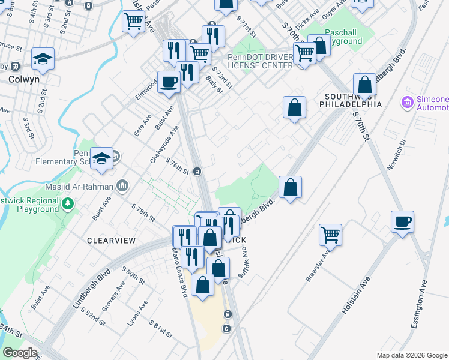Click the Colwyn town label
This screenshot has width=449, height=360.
pos(24,78)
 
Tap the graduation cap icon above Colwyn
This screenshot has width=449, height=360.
pos(43,59)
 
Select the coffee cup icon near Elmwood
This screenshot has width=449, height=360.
pos(169,82)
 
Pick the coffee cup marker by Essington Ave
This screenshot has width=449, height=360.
pos(402,221)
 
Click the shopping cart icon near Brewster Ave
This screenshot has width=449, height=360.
pos(330,235)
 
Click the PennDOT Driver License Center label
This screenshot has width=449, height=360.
pos(260,61)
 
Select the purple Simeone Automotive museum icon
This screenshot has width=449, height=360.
pos(408,103)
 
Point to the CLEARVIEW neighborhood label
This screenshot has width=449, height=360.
pos(108,240)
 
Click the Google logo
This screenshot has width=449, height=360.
pos(20,353)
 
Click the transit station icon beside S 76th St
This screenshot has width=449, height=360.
pos(197,172)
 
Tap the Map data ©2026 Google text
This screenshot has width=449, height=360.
pos(411,355)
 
